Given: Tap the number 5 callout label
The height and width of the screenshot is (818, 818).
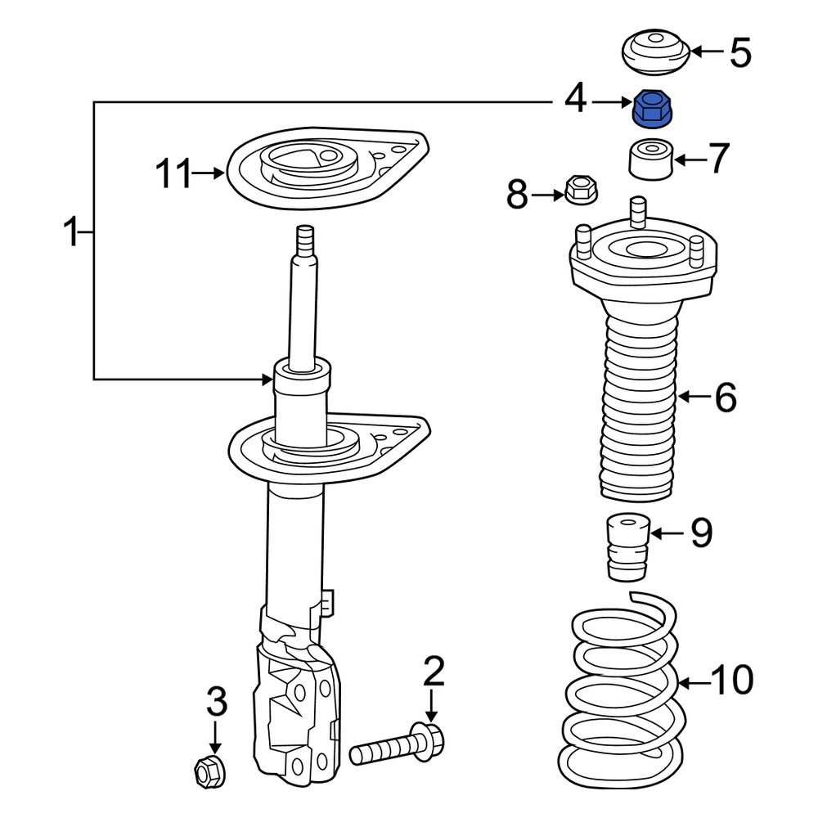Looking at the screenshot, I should [x=739, y=52].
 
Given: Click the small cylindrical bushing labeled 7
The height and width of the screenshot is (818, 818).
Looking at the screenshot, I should [x=650, y=159].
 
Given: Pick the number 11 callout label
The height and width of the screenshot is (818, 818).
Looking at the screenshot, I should [x=174, y=173].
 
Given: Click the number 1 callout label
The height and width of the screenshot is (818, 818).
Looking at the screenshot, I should [x=72, y=233].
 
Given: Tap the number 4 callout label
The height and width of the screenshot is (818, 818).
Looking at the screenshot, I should [x=575, y=100].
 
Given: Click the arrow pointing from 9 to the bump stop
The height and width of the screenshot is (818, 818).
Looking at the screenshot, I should [x=666, y=533].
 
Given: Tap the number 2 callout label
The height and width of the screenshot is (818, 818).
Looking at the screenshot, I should [x=433, y=672].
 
